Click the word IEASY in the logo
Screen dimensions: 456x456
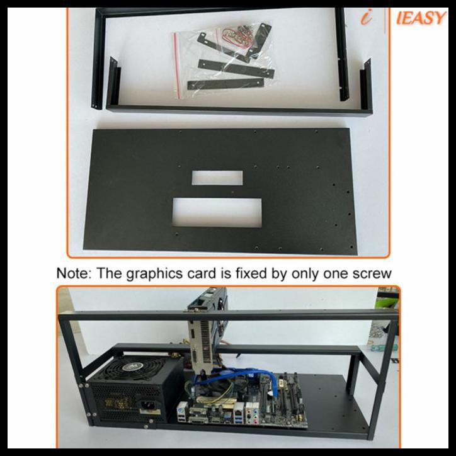[421, 18]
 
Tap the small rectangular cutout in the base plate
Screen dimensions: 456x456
[217, 178]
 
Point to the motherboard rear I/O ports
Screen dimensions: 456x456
[227, 413]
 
